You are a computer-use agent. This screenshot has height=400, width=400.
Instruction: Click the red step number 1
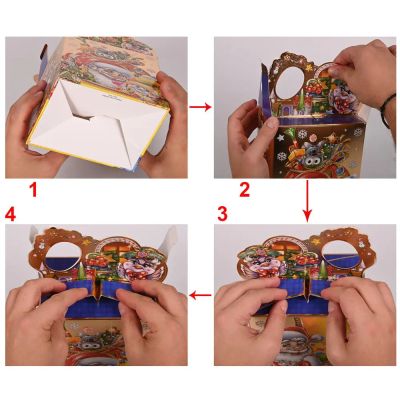(33, 190)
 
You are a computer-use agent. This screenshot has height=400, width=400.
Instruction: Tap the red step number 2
(244, 190)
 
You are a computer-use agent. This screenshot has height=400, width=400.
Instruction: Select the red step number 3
(222, 214)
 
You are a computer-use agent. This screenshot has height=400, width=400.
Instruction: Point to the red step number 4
(10, 214)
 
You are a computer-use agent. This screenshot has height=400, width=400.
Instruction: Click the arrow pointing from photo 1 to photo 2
(200, 107)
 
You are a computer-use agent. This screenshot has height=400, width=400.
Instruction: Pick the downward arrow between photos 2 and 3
(307, 201)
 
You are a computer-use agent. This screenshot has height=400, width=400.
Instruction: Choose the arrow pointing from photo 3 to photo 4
(200, 295)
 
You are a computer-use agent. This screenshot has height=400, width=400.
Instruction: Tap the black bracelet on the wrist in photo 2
(386, 109)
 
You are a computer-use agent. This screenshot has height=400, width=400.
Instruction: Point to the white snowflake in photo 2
(302, 135)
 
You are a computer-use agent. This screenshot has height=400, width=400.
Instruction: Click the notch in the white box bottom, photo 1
(82, 117)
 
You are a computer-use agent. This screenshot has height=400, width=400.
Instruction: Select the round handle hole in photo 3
(338, 255)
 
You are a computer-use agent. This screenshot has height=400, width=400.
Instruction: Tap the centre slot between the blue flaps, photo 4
(99, 291)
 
